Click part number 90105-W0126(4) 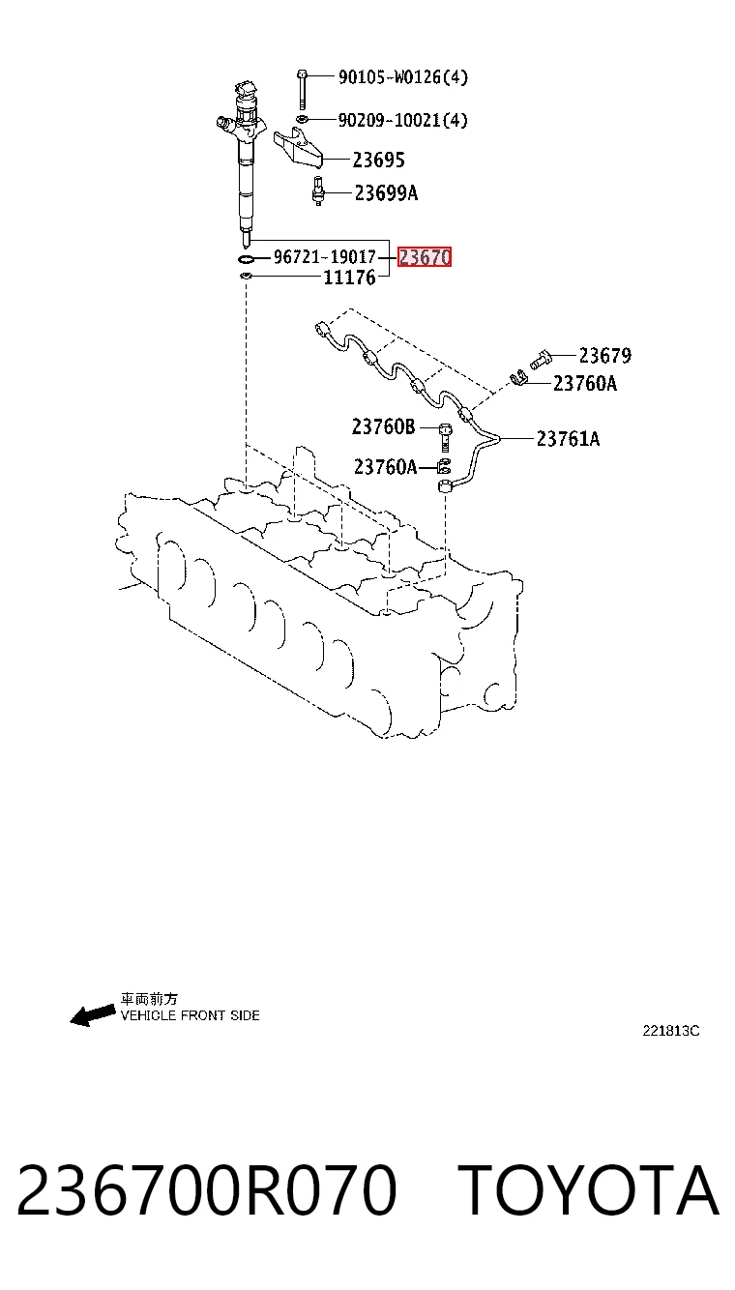pyautogui.click(x=402, y=77)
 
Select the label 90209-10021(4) pyautogui.click(x=402, y=120)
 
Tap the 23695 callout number pyautogui.click(x=378, y=160)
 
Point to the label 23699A pyautogui.click(x=386, y=193)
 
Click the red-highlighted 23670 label pyautogui.click(x=425, y=257)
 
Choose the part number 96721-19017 pyautogui.click(x=324, y=257)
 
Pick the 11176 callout pyautogui.click(x=349, y=278)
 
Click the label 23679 pyautogui.click(x=604, y=355)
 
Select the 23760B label pyautogui.click(x=383, y=426)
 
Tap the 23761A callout pyautogui.click(x=568, y=439)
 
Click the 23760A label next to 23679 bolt pyautogui.click(x=585, y=384)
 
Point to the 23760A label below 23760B pyautogui.click(x=385, y=466)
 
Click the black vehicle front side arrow pyautogui.click(x=92, y=1015)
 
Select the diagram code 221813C pyautogui.click(x=671, y=1031)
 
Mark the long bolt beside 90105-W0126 pyautogui.click(x=302, y=89)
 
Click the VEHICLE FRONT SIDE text pyautogui.click(x=191, y=1015)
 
